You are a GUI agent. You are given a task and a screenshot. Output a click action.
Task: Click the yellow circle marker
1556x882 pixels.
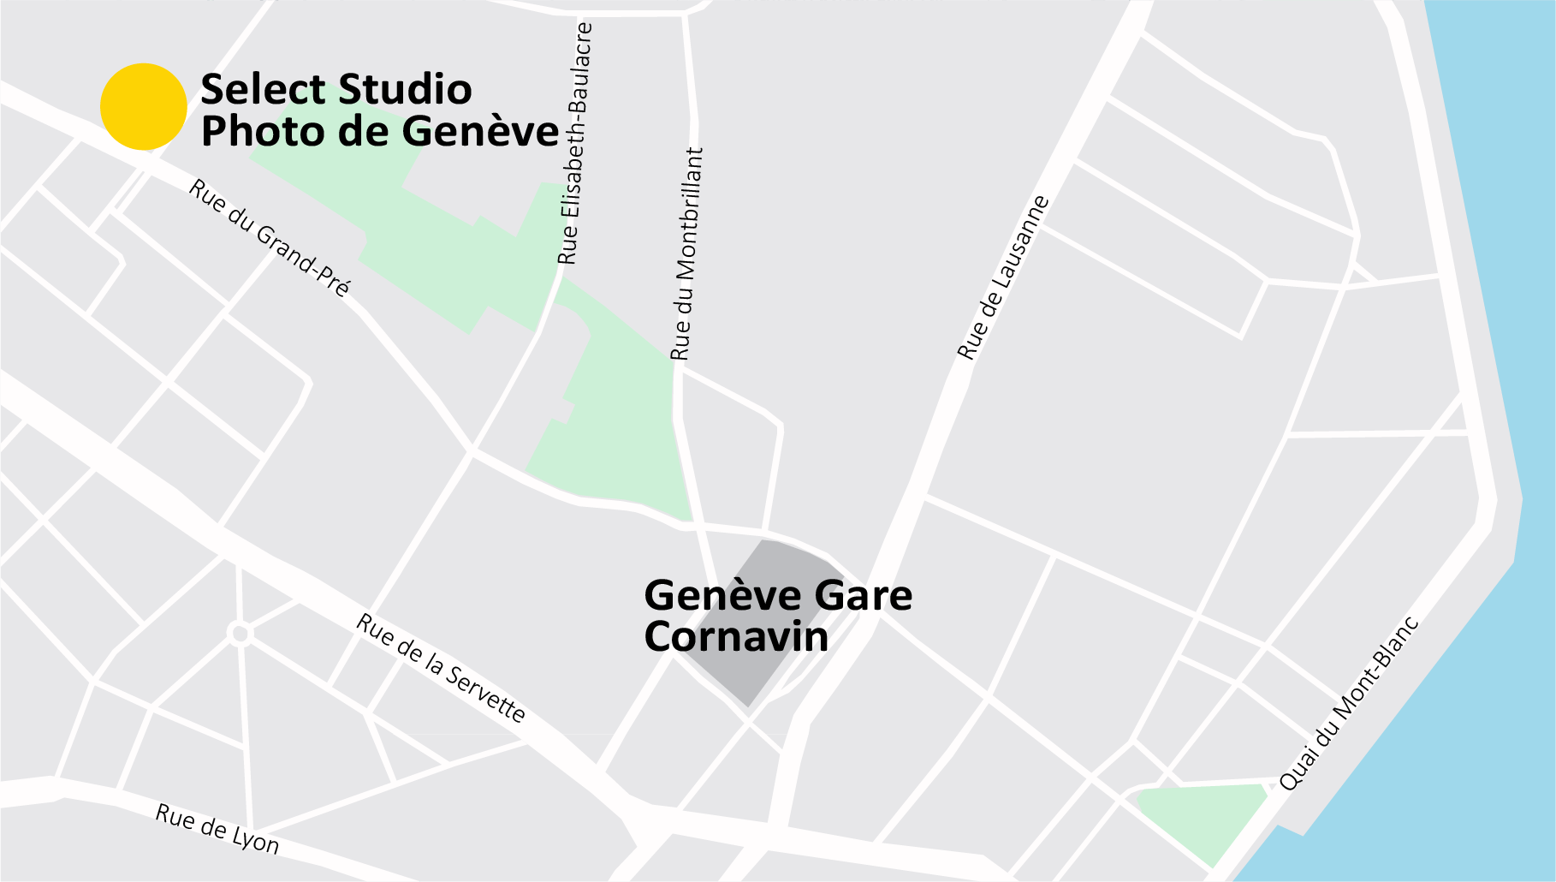pos(144,107)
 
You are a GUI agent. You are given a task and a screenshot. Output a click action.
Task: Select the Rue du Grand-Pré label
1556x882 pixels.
pos(270,238)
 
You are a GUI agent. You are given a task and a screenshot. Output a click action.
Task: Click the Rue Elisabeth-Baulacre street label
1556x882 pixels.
pos(575,144)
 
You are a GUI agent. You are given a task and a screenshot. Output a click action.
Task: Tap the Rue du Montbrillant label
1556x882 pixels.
pos(686,254)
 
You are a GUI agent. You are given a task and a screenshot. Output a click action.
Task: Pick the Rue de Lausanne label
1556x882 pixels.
pos(1003,277)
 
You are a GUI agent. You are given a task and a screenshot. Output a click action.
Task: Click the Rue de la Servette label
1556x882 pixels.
pos(441,668)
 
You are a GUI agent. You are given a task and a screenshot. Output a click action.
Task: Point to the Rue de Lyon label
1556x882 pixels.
pos(217,829)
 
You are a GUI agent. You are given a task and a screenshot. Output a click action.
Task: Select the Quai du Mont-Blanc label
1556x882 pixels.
pos(1349,703)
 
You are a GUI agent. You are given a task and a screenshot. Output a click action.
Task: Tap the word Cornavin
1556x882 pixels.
pos(736,637)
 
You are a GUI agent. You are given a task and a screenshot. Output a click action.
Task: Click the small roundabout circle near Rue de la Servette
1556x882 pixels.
pos(241,634)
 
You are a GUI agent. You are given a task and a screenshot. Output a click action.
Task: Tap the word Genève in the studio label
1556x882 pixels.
pos(480,132)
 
